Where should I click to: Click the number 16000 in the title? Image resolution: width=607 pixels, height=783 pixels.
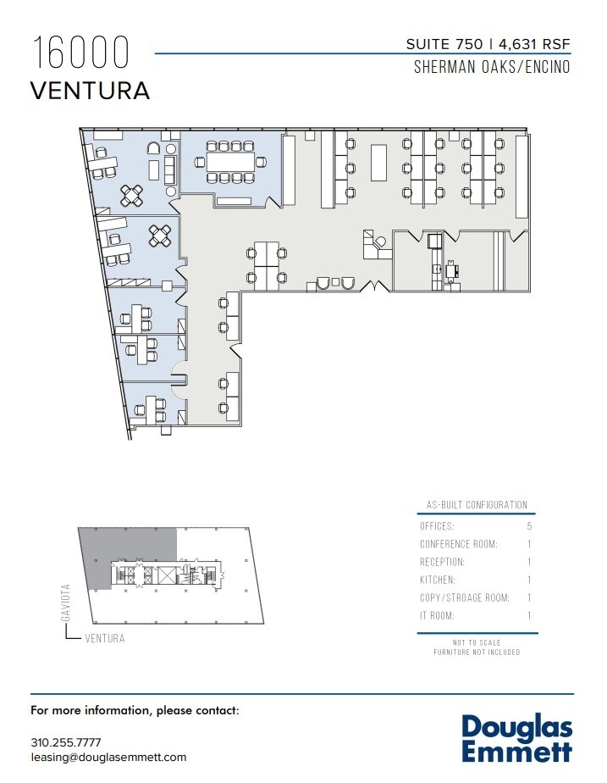(81, 53)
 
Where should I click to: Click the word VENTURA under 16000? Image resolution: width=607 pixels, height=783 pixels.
(91, 91)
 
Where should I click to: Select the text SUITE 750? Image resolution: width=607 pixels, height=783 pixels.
(444, 44)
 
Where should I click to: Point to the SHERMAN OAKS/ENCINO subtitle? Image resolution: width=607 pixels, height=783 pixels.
(491, 67)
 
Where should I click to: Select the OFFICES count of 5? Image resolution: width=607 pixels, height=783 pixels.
(529, 526)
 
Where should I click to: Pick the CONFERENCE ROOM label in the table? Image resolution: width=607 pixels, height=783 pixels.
(458, 544)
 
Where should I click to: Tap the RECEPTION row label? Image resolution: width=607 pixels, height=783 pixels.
(442, 562)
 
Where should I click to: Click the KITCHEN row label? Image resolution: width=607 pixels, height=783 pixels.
(437, 580)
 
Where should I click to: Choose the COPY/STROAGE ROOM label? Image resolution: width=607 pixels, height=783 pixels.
(464, 598)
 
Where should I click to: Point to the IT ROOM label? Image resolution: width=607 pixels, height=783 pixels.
(437, 616)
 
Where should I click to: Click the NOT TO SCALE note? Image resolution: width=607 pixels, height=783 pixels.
(477, 642)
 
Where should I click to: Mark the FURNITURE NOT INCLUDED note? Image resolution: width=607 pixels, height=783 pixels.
(477, 652)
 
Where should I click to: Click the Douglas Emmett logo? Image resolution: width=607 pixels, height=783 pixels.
(517, 738)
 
